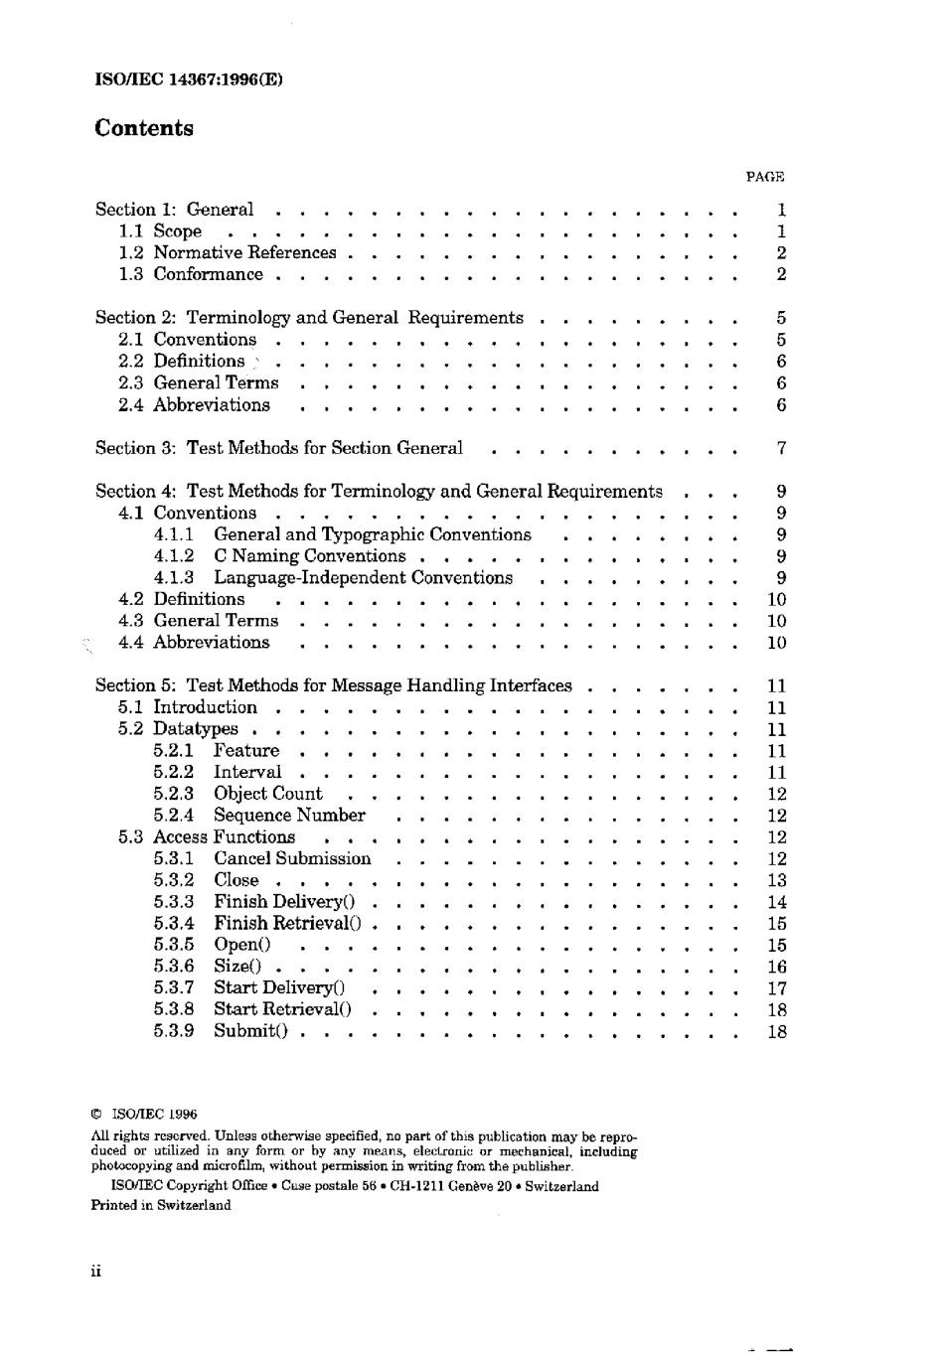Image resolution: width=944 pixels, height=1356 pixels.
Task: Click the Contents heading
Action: [144, 128]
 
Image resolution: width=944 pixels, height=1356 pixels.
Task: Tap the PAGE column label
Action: [764, 177]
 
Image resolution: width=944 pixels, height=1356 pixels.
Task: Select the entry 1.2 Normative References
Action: [228, 252]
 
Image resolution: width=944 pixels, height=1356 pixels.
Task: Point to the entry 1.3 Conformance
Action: [191, 274]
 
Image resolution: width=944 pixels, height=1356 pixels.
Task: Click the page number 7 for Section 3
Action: [781, 448]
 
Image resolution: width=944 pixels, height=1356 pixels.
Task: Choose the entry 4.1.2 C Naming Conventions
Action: [279, 556]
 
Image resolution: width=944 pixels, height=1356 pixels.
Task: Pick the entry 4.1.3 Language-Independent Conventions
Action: [333, 578]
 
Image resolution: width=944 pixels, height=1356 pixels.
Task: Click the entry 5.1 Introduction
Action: [188, 707]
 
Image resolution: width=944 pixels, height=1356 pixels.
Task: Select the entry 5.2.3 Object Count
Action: [238, 794]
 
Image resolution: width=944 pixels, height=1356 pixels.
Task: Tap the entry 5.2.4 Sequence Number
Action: [259, 816]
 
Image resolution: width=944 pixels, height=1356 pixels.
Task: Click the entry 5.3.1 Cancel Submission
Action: [262, 858]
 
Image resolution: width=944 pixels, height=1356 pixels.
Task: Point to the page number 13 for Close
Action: [777, 880]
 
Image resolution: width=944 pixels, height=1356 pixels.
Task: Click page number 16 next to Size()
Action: [777, 967]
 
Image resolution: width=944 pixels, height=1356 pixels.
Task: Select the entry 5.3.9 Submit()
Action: [221, 1031]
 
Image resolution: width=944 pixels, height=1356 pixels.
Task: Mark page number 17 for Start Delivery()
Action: [777, 988]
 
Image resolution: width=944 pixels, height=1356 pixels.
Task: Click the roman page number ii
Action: [96, 1272]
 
